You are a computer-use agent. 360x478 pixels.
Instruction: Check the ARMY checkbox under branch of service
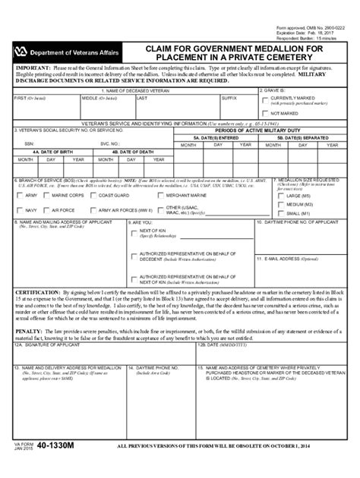point(20,195)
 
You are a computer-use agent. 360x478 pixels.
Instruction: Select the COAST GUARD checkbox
point(93,195)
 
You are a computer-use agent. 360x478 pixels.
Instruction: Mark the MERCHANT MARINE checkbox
point(159,195)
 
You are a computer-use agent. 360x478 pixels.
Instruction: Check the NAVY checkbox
point(20,209)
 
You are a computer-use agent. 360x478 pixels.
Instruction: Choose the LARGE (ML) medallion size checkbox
point(281,196)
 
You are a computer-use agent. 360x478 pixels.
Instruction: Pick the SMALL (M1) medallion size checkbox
point(281,213)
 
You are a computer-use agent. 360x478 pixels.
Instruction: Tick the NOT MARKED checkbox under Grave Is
point(264,113)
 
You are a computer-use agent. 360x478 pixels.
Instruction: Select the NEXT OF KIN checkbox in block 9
point(134,232)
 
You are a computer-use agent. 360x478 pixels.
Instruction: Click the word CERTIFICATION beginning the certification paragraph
point(37,291)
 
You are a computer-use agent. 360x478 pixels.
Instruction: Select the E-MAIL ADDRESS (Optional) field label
point(288,259)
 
